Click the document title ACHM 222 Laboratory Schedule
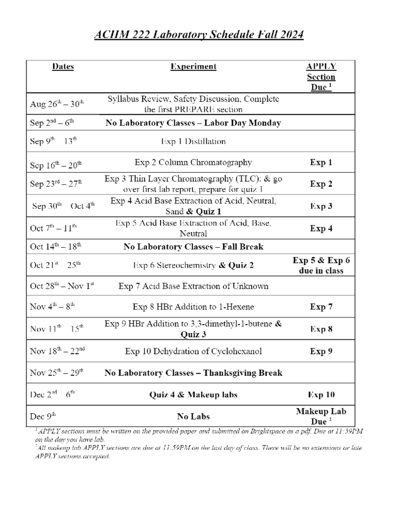pyautogui.click(x=199, y=35)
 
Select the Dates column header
pyautogui.click(x=63, y=66)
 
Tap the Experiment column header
pyautogui.click(x=193, y=66)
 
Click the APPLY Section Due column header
pyautogui.click(x=321, y=77)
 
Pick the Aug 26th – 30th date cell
pyautogui.click(x=57, y=104)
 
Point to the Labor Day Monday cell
pyautogui.click(x=193, y=123)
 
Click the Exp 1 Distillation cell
pyautogui.click(x=193, y=142)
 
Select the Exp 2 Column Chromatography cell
pyautogui.click(x=193, y=162)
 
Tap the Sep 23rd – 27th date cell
pyautogui.click(x=56, y=184)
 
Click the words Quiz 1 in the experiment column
pyautogui.click(x=208, y=212)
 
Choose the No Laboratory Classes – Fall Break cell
pyautogui.click(x=193, y=247)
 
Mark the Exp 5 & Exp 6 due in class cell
pyautogui.click(x=321, y=265)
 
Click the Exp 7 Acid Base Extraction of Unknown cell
pyautogui.click(x=193, y=286)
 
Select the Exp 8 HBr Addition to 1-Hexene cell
pyautogui.click(x=193, y=307)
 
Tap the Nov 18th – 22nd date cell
pyautogui.click(x=57, y=351)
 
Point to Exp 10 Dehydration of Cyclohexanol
pyautogui.click(x=193, y=351)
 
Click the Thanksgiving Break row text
pyautogui.click(x=193, y=373)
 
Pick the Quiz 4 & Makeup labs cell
pyautogui.click(x=193, y=395)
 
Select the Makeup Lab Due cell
pyautogui.click(x=321, y=416)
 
